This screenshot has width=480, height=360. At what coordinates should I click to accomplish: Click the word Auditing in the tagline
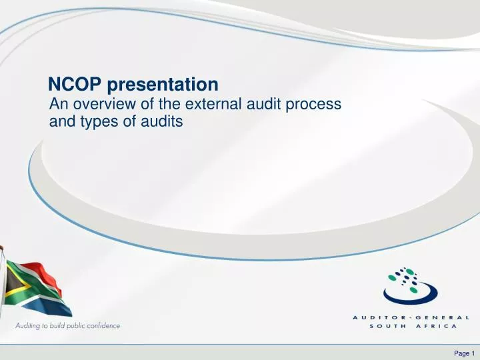coord(31,326)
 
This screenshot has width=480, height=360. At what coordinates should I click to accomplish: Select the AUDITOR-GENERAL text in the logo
coord(412,317)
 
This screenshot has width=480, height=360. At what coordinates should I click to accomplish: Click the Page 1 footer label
coord(462,353)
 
